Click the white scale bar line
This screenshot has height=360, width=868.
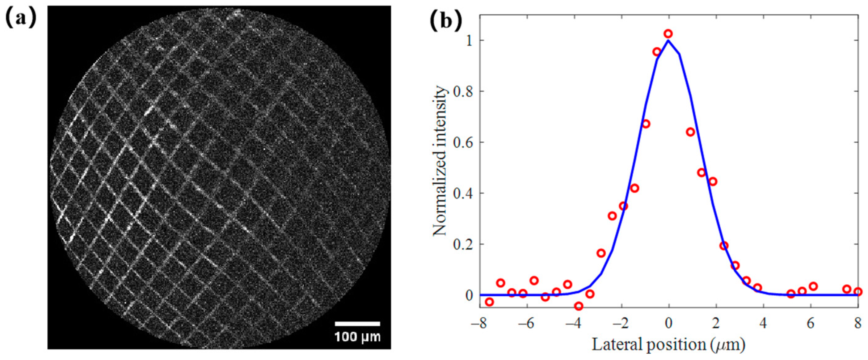357,324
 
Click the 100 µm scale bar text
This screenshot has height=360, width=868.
357,337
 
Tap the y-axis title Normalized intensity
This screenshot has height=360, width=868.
440,161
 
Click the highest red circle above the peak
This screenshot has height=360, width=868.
668,34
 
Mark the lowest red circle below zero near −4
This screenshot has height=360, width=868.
579,306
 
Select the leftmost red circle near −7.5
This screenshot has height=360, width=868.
489,302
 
